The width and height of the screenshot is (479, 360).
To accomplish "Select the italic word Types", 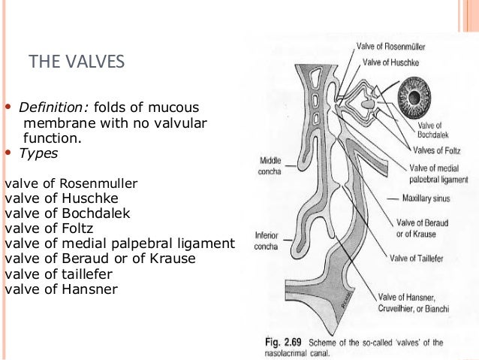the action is tap(38, 153).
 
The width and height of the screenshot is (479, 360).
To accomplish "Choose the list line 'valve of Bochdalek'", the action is tap(57, 213).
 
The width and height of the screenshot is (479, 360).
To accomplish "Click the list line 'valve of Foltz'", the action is tap(46, 228).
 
